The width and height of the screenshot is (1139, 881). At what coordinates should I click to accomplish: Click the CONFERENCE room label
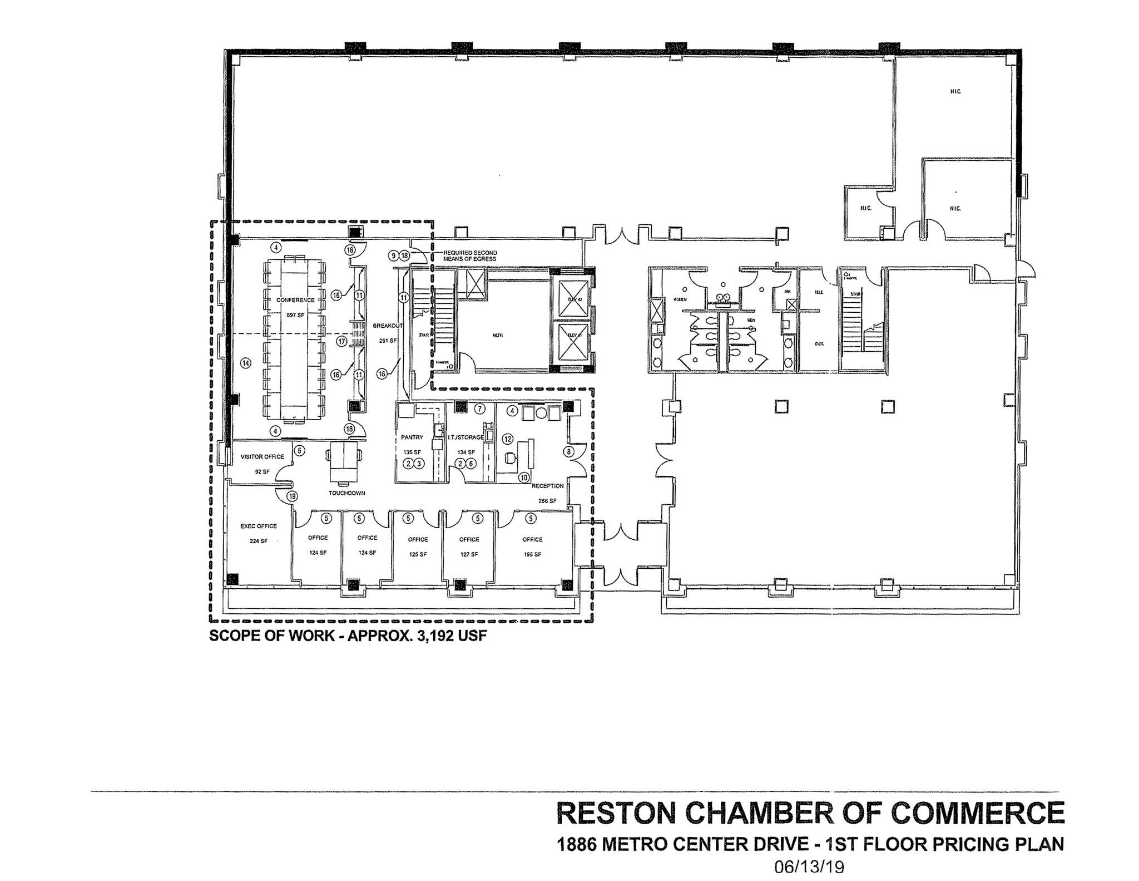coord(295,300)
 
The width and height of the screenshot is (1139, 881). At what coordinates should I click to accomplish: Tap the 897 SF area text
coord(295,315)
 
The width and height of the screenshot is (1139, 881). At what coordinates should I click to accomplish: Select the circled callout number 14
coord(245,363)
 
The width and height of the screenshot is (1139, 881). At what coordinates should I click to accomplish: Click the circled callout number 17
coord(341,341)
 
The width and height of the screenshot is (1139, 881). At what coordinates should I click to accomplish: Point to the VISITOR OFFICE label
coord(262,457)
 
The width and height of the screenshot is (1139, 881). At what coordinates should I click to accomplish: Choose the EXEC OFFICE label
coord(258,526)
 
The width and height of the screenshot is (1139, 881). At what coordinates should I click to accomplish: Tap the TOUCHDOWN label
coord(346,493)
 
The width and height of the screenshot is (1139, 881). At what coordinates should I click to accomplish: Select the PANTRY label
coord(412,437)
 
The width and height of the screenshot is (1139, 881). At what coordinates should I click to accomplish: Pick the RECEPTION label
coord(547,486)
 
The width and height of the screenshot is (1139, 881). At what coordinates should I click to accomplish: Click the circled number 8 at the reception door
coord(569,452)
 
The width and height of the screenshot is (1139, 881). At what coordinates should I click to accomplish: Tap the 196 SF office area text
coord(532,554)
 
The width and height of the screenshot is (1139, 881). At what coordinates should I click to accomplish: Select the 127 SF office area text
coord(469,554)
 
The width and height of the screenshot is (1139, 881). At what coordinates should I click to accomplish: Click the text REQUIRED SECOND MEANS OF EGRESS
coord(470,256)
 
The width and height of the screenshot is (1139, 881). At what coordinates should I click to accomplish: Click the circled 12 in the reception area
coord(507,439)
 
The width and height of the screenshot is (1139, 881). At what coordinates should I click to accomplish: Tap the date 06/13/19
coord(809,867)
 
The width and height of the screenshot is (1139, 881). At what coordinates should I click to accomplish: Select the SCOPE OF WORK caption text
coord(348,636)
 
